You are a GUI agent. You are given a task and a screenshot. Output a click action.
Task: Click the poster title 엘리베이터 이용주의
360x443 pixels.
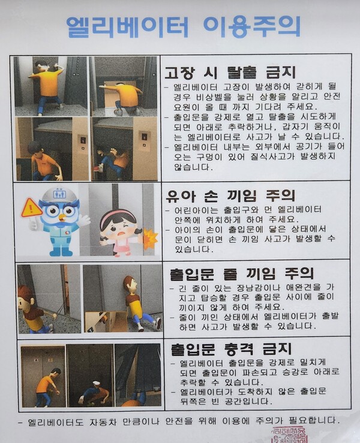[x=183, y=27]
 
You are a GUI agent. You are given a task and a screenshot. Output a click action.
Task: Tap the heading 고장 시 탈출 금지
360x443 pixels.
[x=230, y=72]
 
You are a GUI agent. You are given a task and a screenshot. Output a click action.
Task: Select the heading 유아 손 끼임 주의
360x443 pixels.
[x=230, y=195]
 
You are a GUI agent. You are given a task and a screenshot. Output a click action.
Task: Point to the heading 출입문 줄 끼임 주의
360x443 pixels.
[x=242, y=273]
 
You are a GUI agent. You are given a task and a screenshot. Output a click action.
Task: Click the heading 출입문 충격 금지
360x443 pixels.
[x=231, y=349]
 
